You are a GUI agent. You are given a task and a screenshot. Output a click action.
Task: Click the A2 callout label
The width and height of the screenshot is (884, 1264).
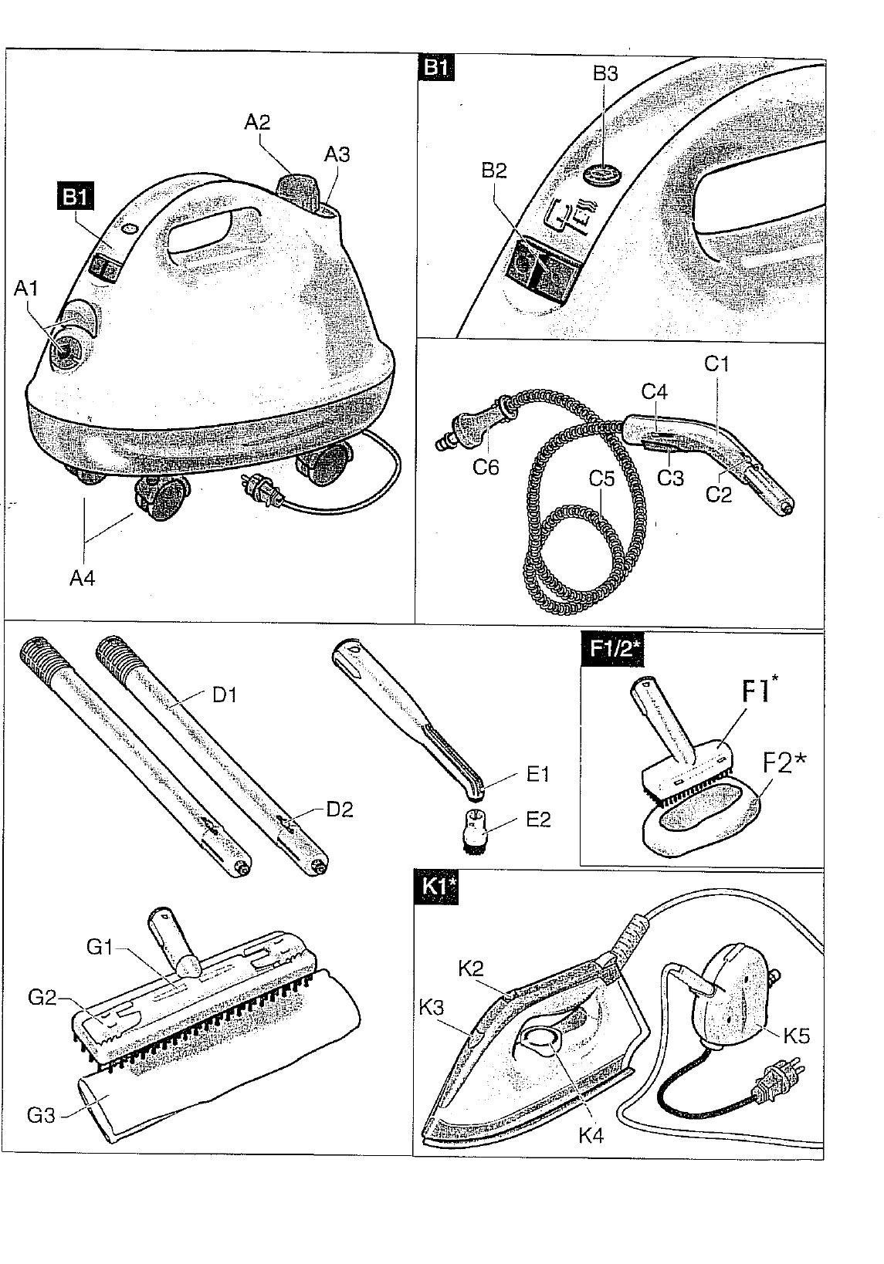[x=257, y=122]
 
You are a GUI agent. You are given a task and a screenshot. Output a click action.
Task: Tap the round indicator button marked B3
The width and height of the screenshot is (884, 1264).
[x=604, y=173]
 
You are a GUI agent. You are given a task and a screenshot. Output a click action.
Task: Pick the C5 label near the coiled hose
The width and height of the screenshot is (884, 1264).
[x=601, y=478]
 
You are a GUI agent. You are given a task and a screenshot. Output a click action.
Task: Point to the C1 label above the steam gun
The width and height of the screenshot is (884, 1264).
[x=716, y=364]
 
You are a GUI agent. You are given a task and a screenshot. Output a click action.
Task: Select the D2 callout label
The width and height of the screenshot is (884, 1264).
[x=340, y=809]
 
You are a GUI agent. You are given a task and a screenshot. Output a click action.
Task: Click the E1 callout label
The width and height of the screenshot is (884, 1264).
[x=537, y=774]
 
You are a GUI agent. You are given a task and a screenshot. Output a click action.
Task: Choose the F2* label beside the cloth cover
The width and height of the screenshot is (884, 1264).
[x=784, y=763]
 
